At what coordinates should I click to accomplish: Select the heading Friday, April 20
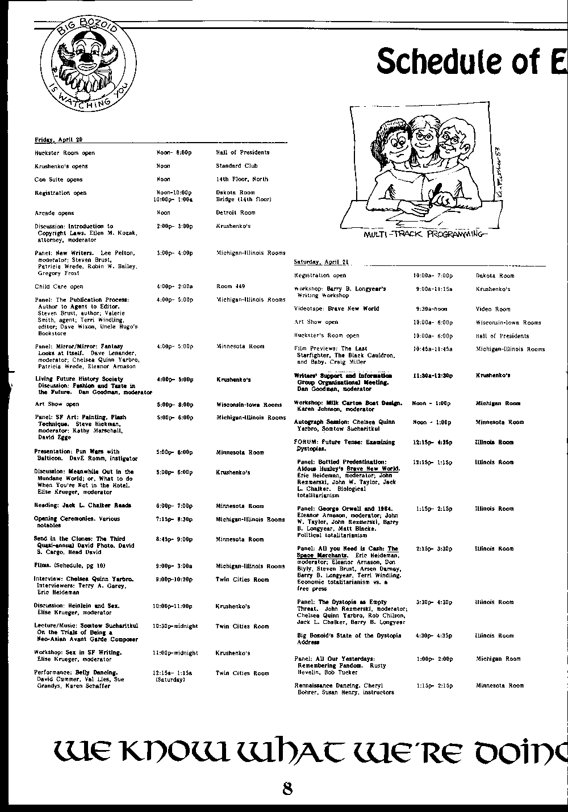point(59,140)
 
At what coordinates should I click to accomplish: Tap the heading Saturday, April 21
point(321,262)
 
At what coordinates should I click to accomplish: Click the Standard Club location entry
point(236,166)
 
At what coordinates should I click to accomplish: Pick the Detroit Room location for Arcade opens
point(236,213)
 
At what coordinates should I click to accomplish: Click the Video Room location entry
point(493,309)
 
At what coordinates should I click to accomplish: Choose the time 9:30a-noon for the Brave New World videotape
point(431,309)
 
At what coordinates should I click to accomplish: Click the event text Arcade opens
point(55,213)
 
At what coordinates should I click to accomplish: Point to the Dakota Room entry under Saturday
point(495,276)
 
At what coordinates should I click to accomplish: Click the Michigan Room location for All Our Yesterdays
point(498,659)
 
